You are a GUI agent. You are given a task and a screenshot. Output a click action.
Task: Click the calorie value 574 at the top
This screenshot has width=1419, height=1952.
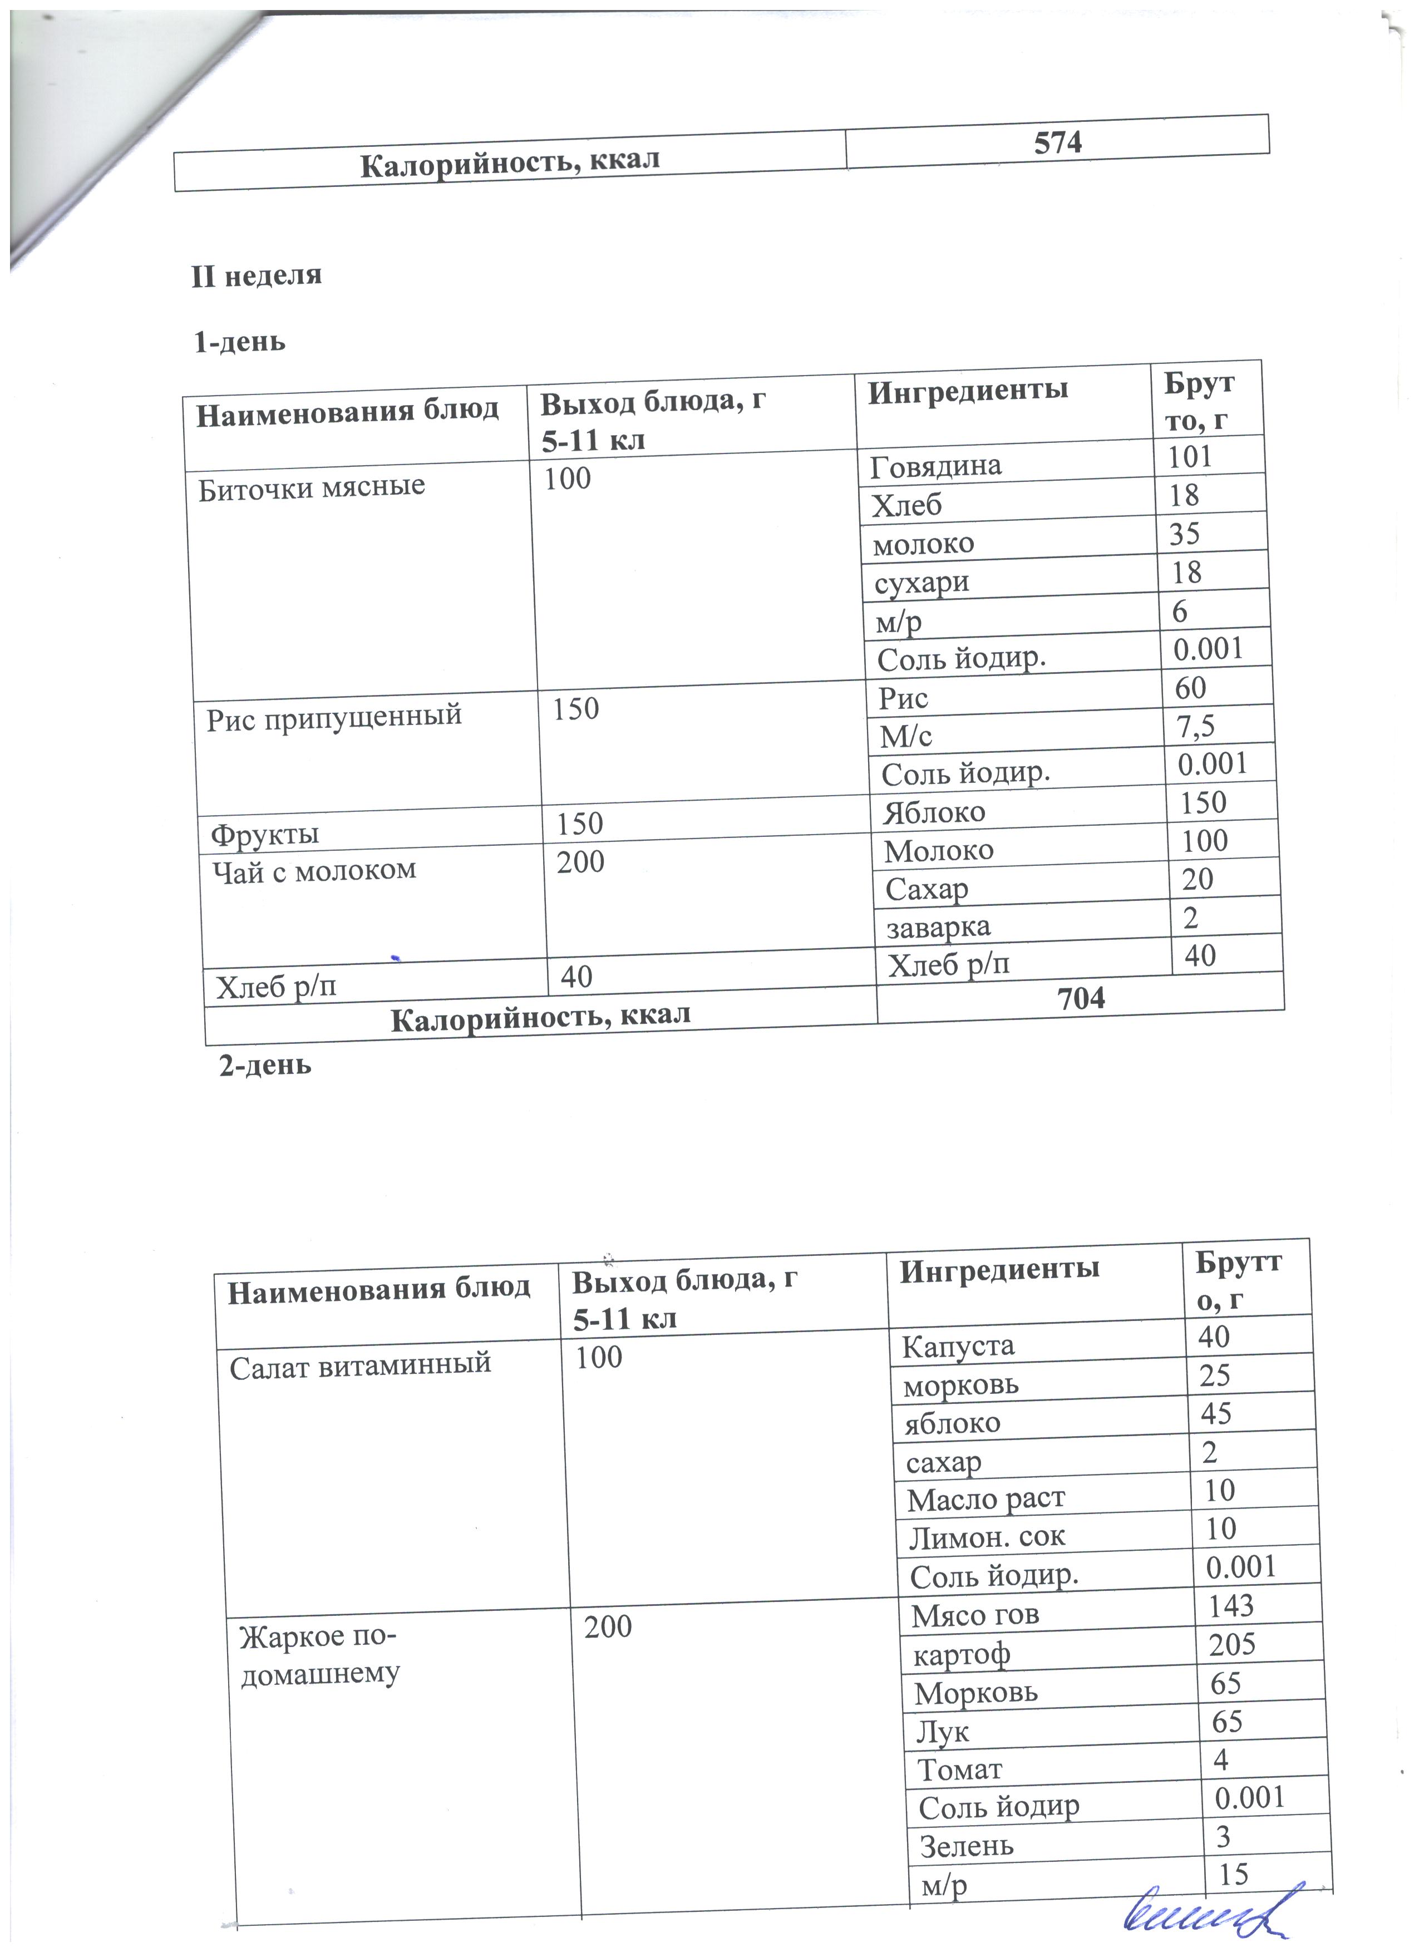tap(1058, 142)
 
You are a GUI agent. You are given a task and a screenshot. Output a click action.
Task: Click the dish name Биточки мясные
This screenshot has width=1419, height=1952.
tap(312, 487)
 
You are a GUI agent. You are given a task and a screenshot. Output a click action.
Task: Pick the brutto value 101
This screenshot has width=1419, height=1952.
tap(1190, 456)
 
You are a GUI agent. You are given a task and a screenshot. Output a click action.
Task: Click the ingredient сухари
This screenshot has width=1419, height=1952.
tap(922, 583)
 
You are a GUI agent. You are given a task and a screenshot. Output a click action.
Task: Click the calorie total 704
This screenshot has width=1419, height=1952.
tap(1081, 998)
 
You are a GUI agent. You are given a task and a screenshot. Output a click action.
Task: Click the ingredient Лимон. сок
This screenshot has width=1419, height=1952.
tap(987, 1536)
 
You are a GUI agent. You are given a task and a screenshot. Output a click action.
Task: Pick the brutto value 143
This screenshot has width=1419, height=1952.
tap(1230, 1606)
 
